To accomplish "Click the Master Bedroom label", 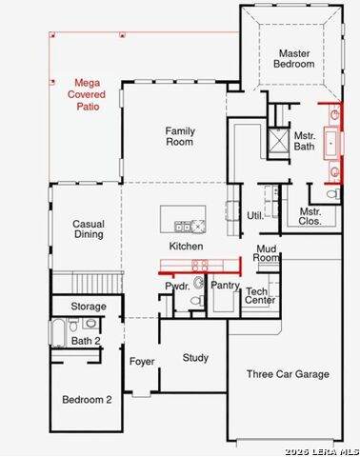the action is click(294, 58).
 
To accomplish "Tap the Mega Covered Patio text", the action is click(87, 94).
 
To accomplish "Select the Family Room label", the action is click(180, 136).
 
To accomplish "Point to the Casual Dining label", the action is click(89, 228).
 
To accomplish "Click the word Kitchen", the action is click(186, 246).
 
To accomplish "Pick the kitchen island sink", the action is click(183, 227).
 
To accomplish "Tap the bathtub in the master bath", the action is click(331, 143).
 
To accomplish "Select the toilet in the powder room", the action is click(198, 300).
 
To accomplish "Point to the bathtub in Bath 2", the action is click(58, 332).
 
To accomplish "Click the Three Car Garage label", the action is click(288, 374).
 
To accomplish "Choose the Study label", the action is click(195, 358).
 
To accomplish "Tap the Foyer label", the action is click(142, 362).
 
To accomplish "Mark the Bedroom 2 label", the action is click(87, 400).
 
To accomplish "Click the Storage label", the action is click(89, 307).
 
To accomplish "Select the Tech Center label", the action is click(260, 295).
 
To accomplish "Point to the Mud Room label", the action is click(266, 253).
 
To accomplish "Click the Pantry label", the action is click(225, 286).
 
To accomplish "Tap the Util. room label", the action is click(255, 216).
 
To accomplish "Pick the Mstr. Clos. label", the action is click(310, 216).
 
